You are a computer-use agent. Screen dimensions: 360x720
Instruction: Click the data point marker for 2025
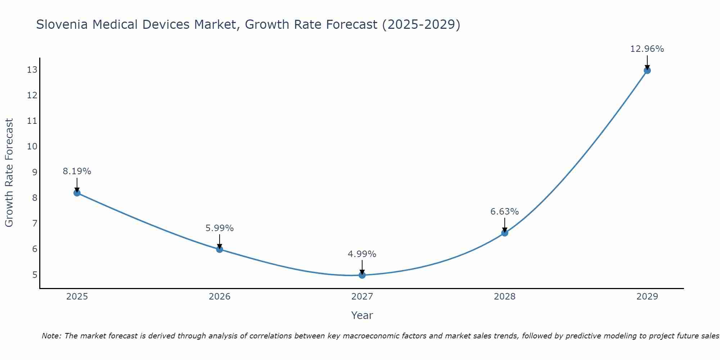pyautogui.click(x=77, y=193)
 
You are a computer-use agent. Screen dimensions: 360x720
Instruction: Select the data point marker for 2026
pyautogui.click(x=220, y=249)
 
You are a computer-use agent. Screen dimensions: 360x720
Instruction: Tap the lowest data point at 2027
pyautogui.click(x=362, y=275)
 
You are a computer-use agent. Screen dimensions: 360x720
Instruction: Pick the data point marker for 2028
pyautogui.click(x=505, y=233)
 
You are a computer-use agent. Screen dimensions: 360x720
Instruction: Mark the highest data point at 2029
pyautogui.click(x=647, y=71)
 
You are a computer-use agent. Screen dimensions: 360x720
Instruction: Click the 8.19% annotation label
pyautogui.click(x=77, y=171)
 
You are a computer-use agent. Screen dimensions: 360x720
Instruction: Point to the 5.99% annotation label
pyautogui.click(x=220, y=228)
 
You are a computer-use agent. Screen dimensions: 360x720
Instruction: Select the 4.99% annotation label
pyautogui.click(x=362, y=254)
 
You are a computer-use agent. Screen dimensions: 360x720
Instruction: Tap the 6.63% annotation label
pyautogui.click(x=505, y=212)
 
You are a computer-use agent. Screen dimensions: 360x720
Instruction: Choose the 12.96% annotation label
pyautogui.click(x=647, y=49)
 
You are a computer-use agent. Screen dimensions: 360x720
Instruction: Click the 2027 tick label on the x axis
pyautogui.click(x=362, y=297)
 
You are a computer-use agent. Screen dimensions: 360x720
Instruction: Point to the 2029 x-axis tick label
pyautogui.click(x=647, y=297)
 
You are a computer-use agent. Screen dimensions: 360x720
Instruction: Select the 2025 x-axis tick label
pyautogui.click(x=77, y=297)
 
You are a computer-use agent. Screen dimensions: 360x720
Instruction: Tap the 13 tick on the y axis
pyautogui.click(x=32, y=70)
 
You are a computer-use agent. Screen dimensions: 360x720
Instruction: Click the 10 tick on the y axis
pyautogui.click(x=32, y=147)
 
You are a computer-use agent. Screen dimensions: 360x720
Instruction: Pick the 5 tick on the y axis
pyautogui.click(x=35, y=275)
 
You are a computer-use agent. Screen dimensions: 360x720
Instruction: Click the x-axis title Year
pyautogui.click(x=362, y=315)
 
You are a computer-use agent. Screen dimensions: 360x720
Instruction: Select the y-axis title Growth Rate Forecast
pyautogui.click(x=9, y=173)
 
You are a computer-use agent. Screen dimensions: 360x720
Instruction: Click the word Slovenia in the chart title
pyautogui.click(x=62, y=24)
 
